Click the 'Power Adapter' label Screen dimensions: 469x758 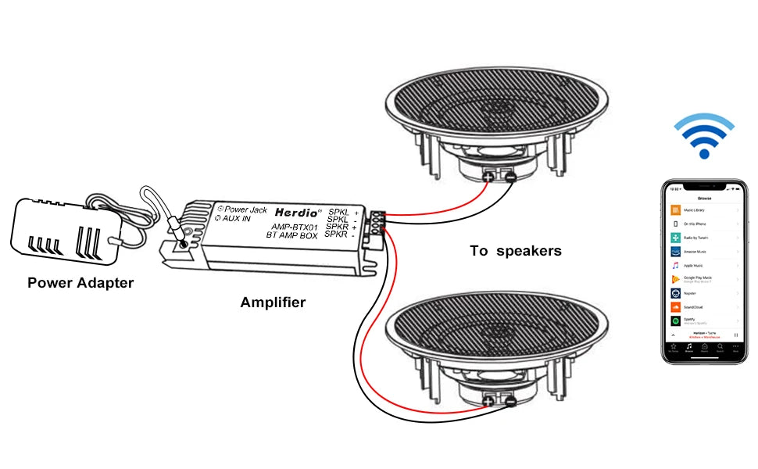tap(80, 282)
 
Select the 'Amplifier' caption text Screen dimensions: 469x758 tap(273, 303)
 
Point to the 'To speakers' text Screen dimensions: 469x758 tap(515, 251)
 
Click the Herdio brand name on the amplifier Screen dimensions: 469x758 tap(292, 212)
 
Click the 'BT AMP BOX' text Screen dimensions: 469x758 tap(290, 235)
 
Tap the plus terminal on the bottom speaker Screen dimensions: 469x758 tap(489, 401)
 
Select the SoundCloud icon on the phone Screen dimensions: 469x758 tap(675, 307)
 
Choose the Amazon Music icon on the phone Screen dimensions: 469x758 tap(675, 252)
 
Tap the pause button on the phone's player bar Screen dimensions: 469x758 tap(735, 335)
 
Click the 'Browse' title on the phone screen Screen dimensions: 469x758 tap(704, 198)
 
